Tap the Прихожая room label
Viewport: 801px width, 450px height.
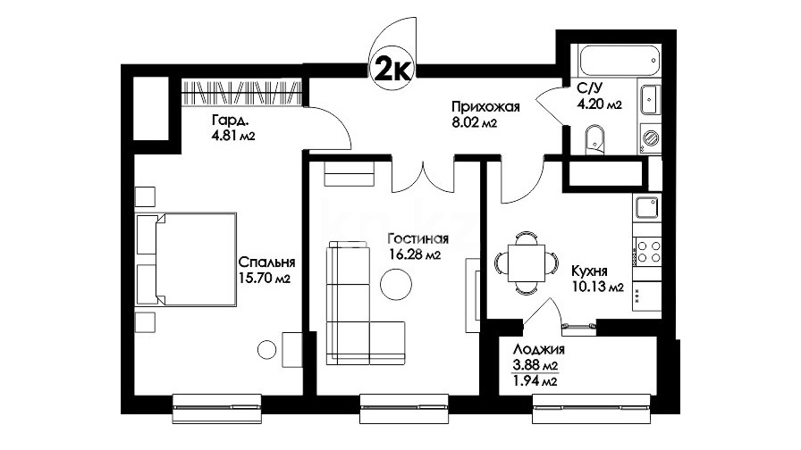(x=485, y=106)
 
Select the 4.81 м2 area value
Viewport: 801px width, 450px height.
(x=233, y=136)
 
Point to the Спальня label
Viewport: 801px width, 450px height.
(x=266, y=262)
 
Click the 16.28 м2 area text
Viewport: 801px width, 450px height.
(x=414, y=254)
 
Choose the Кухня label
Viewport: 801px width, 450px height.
(x=589, y=271)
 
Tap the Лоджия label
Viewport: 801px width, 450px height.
(x=538, y=349)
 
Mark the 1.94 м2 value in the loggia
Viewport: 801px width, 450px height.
(x=535, y=380)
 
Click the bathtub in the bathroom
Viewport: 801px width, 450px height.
(x=620, y=60)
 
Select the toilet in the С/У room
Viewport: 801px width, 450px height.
(x=594, y=138)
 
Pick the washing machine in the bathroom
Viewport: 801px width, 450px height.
(x=650, y=138)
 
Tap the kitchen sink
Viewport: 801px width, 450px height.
(x=647, y=208)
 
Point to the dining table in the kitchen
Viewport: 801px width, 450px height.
(x=527, y=262)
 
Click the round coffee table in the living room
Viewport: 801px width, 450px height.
(x=396, y=285)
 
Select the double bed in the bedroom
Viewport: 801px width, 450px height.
(x=186, y=260)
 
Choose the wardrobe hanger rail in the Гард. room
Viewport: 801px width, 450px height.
(x=240, y=93)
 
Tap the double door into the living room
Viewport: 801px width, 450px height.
(x=423, y=173)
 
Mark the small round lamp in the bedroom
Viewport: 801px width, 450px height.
(x=266, y=349)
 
